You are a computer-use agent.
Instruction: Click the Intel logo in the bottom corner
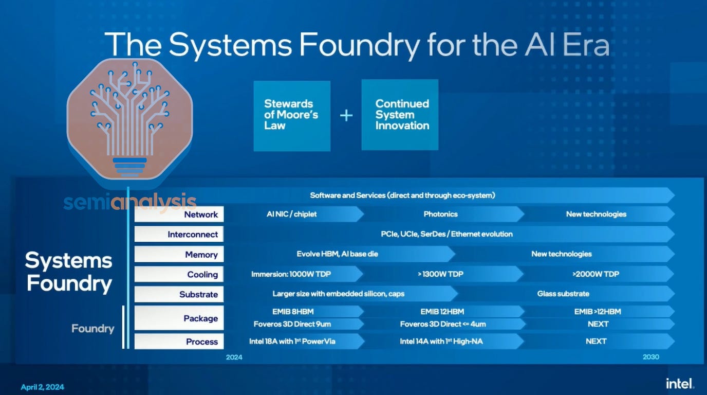(680, 384)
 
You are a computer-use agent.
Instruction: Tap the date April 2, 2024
(43, 387)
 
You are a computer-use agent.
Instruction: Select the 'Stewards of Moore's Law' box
(292, 115)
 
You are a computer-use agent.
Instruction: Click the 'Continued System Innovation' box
(400, 115)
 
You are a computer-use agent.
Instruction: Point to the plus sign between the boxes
(346, 115)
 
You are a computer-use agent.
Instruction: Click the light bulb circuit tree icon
(129, 119)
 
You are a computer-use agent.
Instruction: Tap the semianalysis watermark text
(130, 202)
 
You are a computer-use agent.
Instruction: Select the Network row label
(179, 214)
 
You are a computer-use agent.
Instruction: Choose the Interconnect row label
(179, 235)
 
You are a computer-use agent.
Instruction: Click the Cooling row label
(179, 275)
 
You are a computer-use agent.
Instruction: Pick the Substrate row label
(179, 295)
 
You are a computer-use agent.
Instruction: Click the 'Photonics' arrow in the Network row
(441, 214)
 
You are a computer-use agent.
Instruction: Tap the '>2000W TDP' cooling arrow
(596, 274)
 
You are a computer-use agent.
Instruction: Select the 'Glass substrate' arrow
(564, 294)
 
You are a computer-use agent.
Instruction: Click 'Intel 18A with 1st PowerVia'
(293, 341)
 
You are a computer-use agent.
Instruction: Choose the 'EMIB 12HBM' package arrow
(442, 311)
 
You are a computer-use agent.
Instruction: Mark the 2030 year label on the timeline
(650, 357)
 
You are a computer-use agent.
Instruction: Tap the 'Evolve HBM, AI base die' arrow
(338, 254)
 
